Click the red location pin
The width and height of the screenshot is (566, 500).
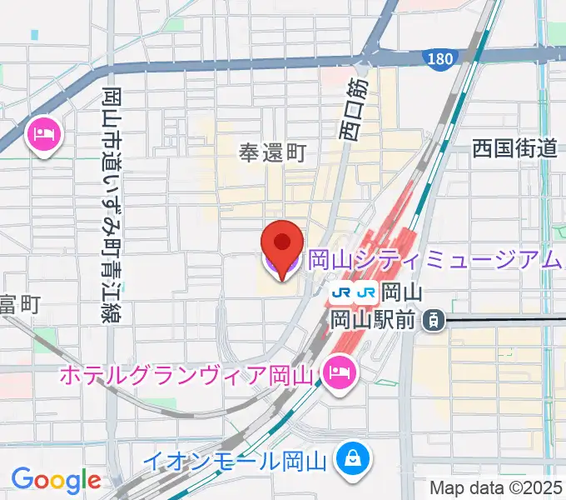[281, 244]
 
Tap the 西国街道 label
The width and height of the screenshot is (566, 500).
[514, 149]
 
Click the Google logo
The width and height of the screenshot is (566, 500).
[56, 479]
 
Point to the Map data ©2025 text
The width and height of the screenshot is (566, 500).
[495, 488]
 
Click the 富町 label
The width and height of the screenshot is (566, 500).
[18, 305]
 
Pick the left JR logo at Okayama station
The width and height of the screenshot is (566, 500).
[340, 293]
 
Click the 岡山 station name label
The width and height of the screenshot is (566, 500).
[403, 293]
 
